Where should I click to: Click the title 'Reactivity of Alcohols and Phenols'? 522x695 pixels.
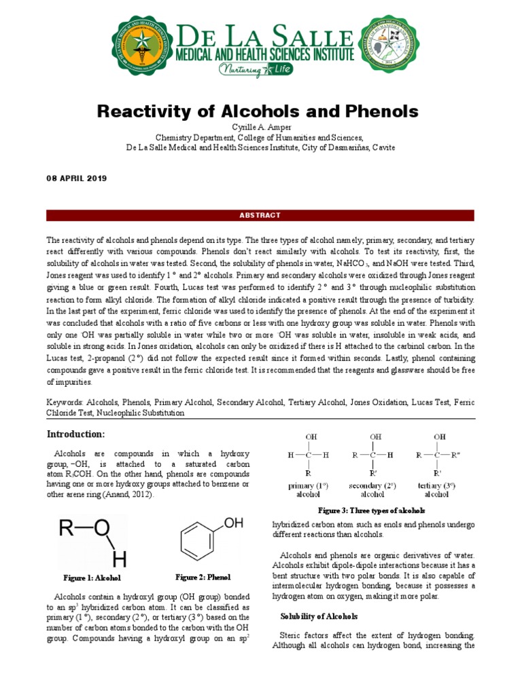coord(258,111)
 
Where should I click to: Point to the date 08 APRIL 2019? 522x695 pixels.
coord(76,178)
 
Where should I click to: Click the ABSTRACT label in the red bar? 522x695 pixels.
coord(260,216)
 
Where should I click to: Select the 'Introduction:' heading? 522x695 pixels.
coord(75,434)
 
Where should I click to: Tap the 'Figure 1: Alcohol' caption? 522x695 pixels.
coord(92,578)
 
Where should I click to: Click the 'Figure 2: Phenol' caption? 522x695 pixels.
coord(203,577)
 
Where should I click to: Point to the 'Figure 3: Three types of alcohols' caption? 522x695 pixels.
coord(372,510)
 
